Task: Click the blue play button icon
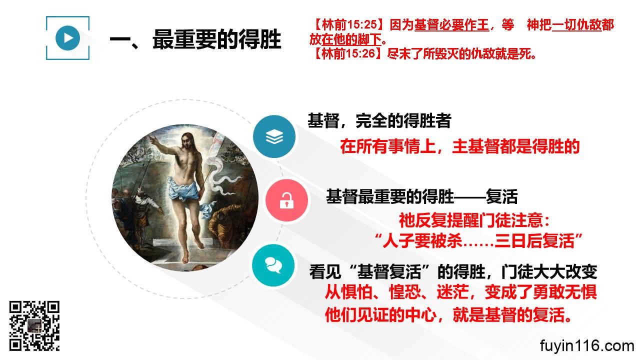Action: coord(67,38)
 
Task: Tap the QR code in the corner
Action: coord(34,326)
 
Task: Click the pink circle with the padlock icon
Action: coord(286,200)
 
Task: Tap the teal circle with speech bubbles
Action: coord(273,265)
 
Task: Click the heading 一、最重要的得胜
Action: coord(195,39)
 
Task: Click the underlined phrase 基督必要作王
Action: coord(451,25)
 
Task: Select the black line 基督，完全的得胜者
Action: coord(379,121)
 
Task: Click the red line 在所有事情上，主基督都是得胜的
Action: coord(459,146)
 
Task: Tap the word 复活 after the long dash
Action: coord(501,196)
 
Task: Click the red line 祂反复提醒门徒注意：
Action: coord(474,220)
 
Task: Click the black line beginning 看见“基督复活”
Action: coord(453,271)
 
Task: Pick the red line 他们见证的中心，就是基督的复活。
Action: coord(449,315)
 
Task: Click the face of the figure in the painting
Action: coord(187,141)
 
